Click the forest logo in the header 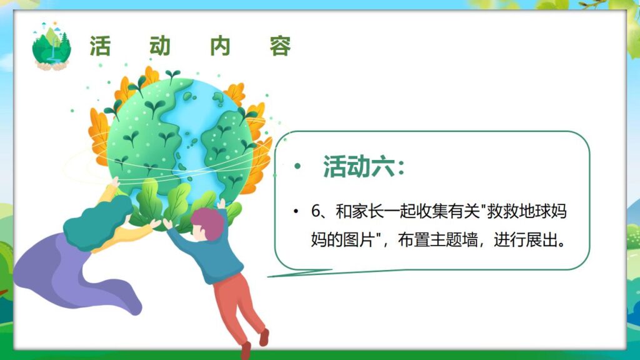click(51, 46)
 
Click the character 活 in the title click(100, 46)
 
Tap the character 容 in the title click(281, 46)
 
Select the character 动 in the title click(160, 46)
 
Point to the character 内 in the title click(220, 46)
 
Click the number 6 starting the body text click(315, 211)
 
